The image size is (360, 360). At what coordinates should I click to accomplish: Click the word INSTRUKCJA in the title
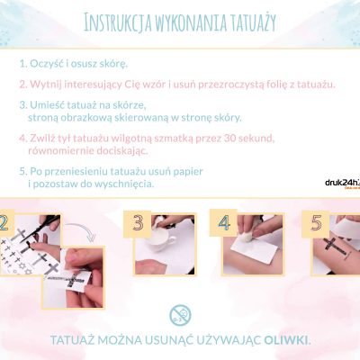[112, 22]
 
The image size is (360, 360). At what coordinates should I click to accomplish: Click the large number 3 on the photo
[139, 223]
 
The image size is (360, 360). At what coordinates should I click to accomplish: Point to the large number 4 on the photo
[224, 223]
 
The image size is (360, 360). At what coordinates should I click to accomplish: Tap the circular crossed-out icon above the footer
[179, 314]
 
